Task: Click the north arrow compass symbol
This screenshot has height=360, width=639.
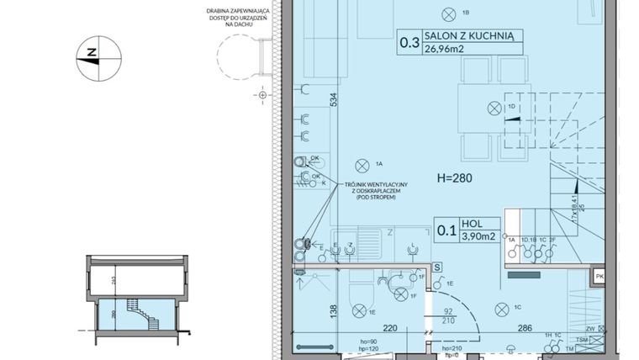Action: click(x=98, y=58)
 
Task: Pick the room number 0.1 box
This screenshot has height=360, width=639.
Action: click(x=447, y=230)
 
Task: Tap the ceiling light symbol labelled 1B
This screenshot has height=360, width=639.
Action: click(x=446, y=11)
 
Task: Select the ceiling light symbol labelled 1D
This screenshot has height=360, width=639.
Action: click(x=494, y=106)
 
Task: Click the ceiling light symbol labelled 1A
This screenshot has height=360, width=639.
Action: click(x=362, y=163)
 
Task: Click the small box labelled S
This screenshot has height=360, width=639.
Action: click(x=437, y=267)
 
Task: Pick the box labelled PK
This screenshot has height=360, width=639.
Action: click(x=599, y=274)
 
